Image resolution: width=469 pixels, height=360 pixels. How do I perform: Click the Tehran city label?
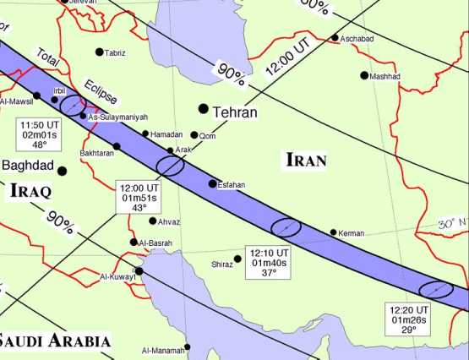(236, 112)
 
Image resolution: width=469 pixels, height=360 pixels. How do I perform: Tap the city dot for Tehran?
(203, 108)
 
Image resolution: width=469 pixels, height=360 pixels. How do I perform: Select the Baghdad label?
(28, 165)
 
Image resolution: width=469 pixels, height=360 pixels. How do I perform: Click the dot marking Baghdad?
(62, 171)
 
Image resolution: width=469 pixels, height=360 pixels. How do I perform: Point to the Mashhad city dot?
(364, 75)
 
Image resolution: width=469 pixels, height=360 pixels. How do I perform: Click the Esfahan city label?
(232, 184)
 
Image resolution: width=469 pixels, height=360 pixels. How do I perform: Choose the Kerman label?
(351, 233)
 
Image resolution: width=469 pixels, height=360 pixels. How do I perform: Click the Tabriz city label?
(115, 53)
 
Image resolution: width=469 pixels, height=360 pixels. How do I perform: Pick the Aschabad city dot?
(335, 37)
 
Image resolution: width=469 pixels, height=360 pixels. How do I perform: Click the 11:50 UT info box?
(39, 134)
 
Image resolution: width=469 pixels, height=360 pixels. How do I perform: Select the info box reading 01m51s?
(139, 197)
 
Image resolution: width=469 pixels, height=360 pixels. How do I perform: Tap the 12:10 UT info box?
(270, 262)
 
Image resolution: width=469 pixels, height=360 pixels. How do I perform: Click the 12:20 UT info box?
(408, 319)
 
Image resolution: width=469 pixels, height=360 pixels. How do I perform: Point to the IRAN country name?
(306, 159)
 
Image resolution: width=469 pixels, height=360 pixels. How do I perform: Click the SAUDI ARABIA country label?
(55, 341)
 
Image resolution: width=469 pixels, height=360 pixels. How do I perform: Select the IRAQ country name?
(31, 191)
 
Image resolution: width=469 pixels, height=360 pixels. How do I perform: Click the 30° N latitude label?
(452, 224)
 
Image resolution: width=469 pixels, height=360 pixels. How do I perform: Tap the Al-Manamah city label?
(162, 350)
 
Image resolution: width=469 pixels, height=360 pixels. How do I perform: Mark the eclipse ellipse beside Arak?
(171, 166)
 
